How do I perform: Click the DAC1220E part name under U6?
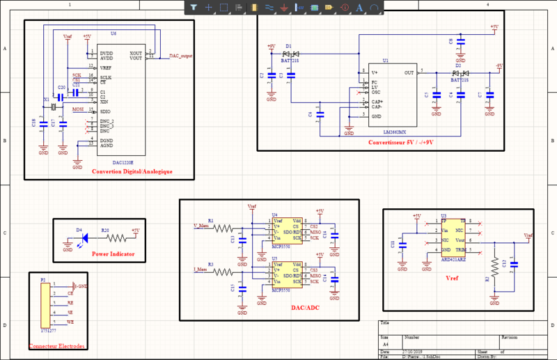point(124,163)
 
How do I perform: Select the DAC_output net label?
point(181,56)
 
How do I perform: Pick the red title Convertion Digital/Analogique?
point(132,171)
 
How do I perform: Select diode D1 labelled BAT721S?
point(290,54)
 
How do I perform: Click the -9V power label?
point(499,65)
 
